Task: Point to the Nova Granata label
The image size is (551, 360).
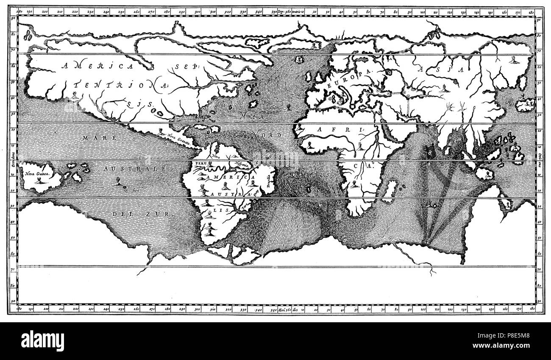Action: pyautogui.click(x=178, y=136)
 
